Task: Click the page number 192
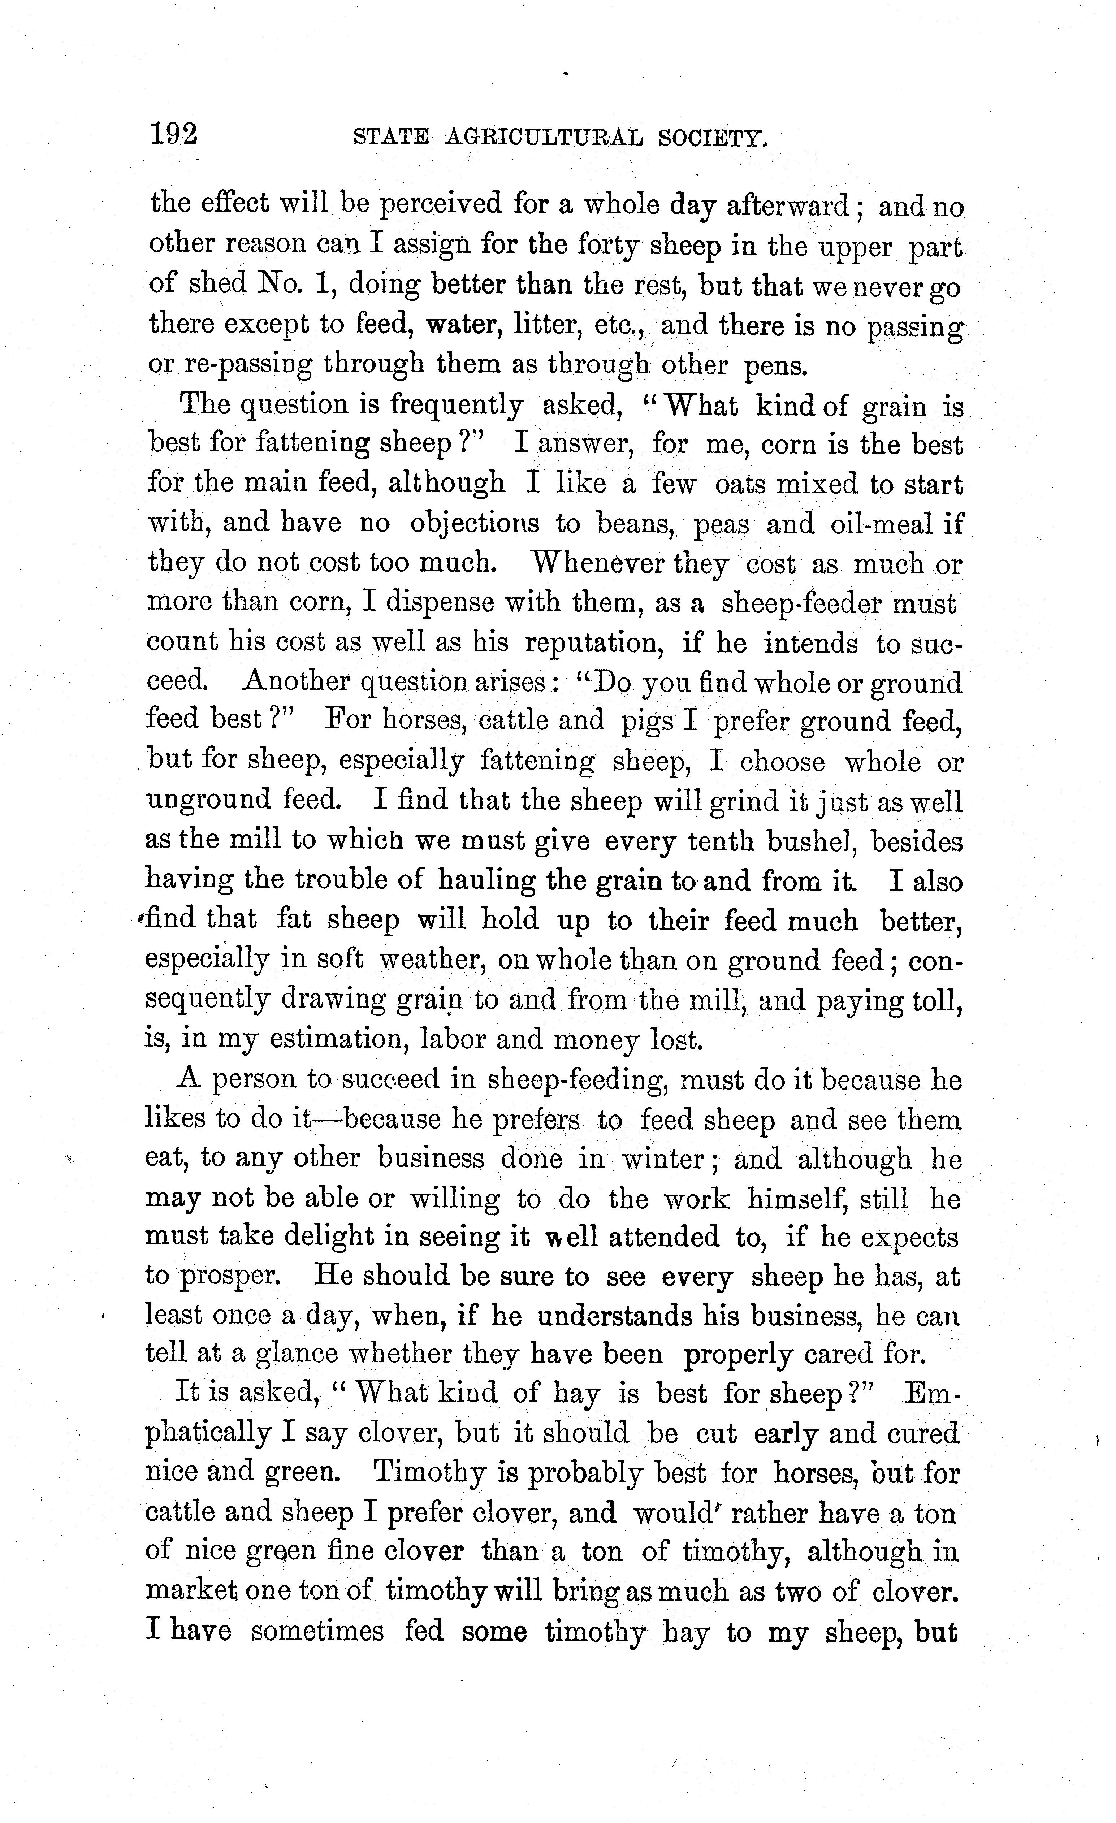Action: (174, 135)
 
